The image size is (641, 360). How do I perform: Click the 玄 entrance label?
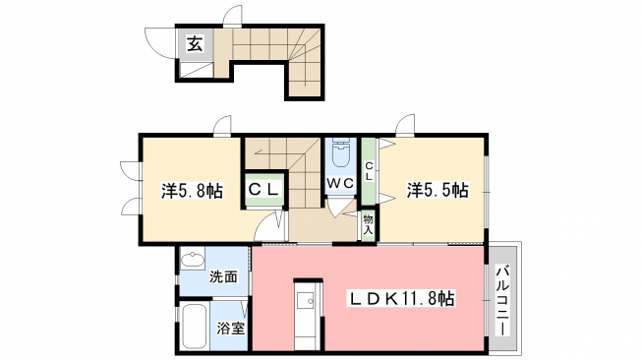tap(195, 43)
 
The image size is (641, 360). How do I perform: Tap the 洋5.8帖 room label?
tap(192, 191)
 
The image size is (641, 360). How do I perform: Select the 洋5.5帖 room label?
tap(437, 191)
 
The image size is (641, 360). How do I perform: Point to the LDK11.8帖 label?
tap(401, 299)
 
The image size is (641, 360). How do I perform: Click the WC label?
tap(340, 184)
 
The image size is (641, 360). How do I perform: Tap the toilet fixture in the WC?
tap(340, 153)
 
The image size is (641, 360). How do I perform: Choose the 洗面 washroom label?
tap(223, 277)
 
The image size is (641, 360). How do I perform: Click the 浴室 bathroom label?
tap(231, 329)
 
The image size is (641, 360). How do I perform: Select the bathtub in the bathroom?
tap(195, 326)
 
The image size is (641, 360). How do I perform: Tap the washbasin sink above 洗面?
tap(193, 260)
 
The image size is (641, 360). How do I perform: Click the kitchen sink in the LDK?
tap(306, 302)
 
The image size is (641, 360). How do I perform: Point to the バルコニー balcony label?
tap(502, 300)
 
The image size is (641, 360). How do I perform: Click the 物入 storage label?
tap(369, 224)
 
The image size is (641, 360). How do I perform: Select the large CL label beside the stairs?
tap(264, 190)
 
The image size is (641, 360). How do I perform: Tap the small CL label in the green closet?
tap(369, 171)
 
